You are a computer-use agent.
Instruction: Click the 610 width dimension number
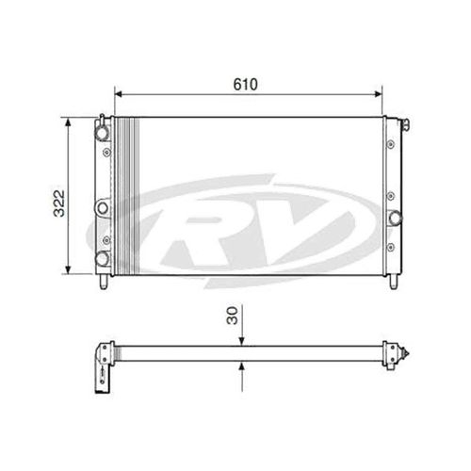coord(248,83)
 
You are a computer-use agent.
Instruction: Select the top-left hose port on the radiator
coord(102,133)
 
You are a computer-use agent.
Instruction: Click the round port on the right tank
coord(394,219)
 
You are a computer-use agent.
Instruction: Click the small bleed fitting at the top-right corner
coord(405,123)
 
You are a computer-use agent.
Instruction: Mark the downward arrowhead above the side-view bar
coord(242,342)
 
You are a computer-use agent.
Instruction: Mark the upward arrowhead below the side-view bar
coord(242,366)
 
